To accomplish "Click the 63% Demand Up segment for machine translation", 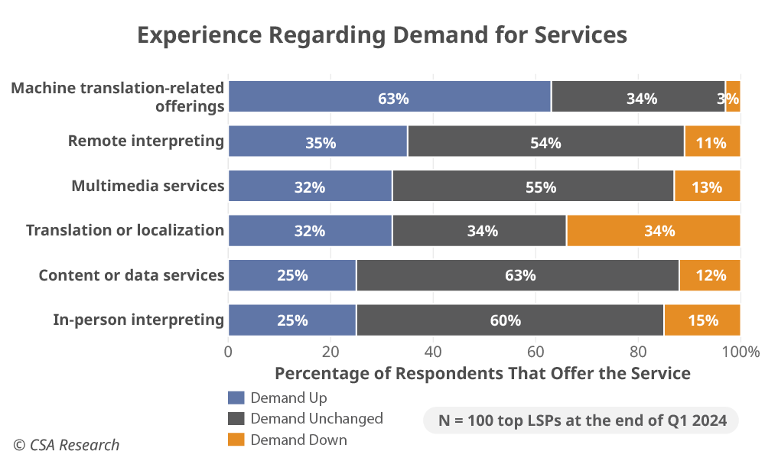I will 389,97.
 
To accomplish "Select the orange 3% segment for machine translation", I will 733,97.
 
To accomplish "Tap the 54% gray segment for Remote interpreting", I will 545,141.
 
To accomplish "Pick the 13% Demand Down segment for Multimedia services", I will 707,186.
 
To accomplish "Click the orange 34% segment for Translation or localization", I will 653,230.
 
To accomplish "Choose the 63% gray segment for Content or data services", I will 517,275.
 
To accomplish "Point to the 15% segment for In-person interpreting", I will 702,320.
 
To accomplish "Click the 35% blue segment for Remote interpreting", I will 317,141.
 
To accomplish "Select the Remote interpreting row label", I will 145,141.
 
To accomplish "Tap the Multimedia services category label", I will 148,185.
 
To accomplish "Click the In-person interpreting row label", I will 138,320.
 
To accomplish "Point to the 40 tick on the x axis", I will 433,352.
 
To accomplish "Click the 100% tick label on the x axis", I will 740,352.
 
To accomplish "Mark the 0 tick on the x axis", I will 228,352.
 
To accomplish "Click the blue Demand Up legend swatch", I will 236,398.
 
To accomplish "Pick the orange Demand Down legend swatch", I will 236,440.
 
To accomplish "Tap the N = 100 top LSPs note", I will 581,420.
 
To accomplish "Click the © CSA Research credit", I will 66,445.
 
